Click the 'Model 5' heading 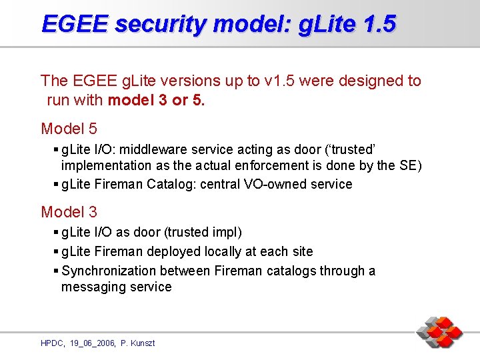coord(69,129)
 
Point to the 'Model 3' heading coord(69,213)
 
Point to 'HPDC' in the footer coord(51,343)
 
